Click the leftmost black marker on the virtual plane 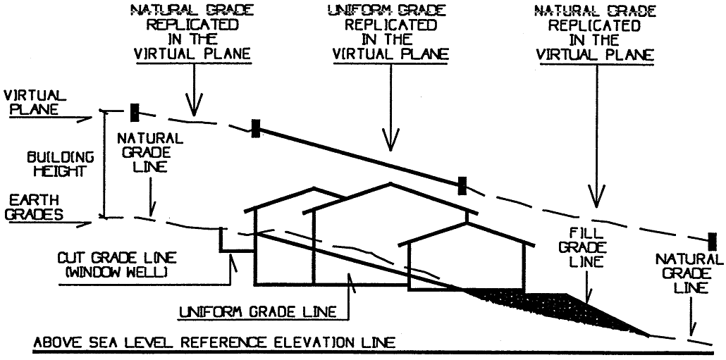pos(135,112)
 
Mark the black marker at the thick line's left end pos(256,128)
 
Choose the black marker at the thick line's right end pos(462,185)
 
